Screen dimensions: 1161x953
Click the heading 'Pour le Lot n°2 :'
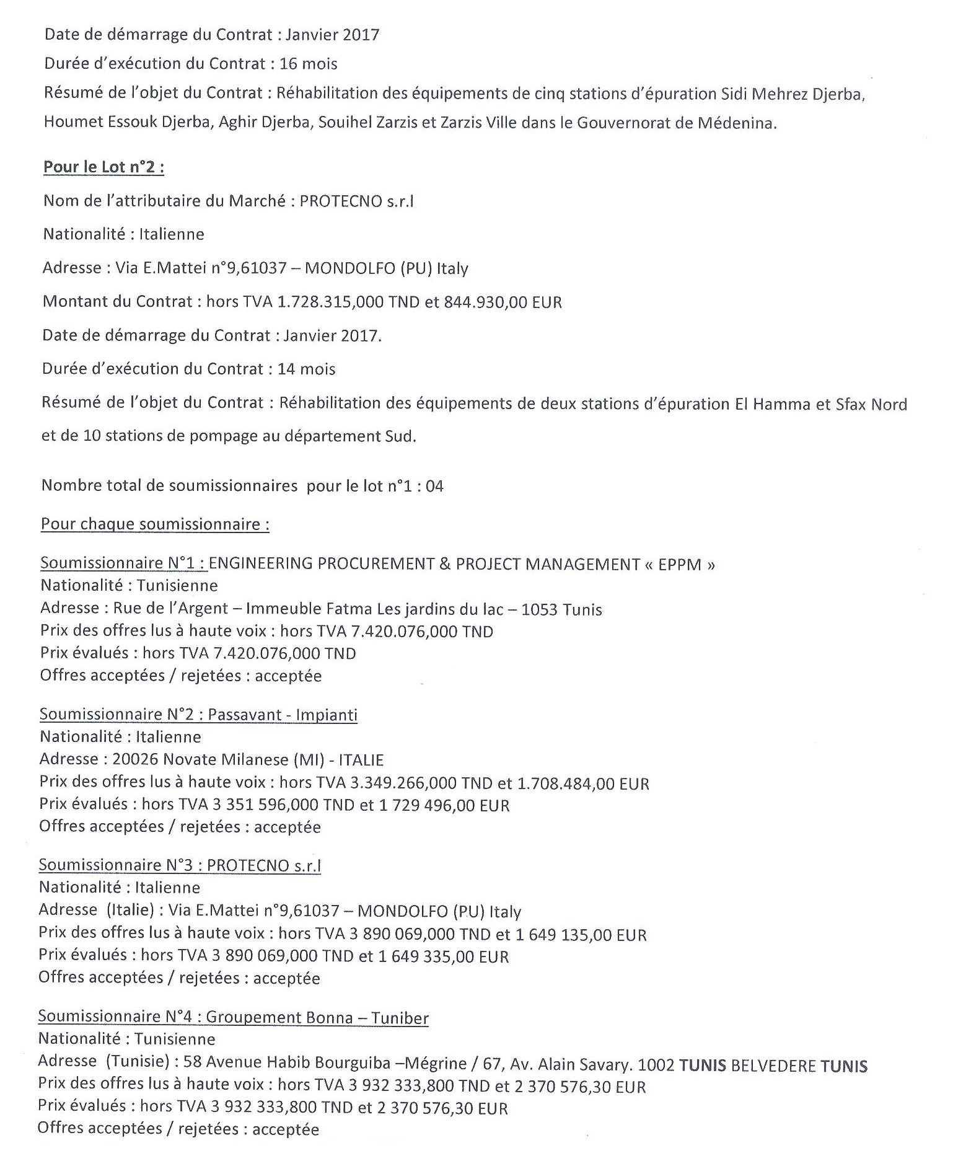103,167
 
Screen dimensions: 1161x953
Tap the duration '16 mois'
309,64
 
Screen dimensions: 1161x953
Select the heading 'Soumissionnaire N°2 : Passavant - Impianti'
198,715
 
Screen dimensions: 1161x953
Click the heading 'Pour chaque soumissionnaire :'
155,524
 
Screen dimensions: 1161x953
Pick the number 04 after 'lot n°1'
434,486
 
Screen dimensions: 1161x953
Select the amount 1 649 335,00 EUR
442,956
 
